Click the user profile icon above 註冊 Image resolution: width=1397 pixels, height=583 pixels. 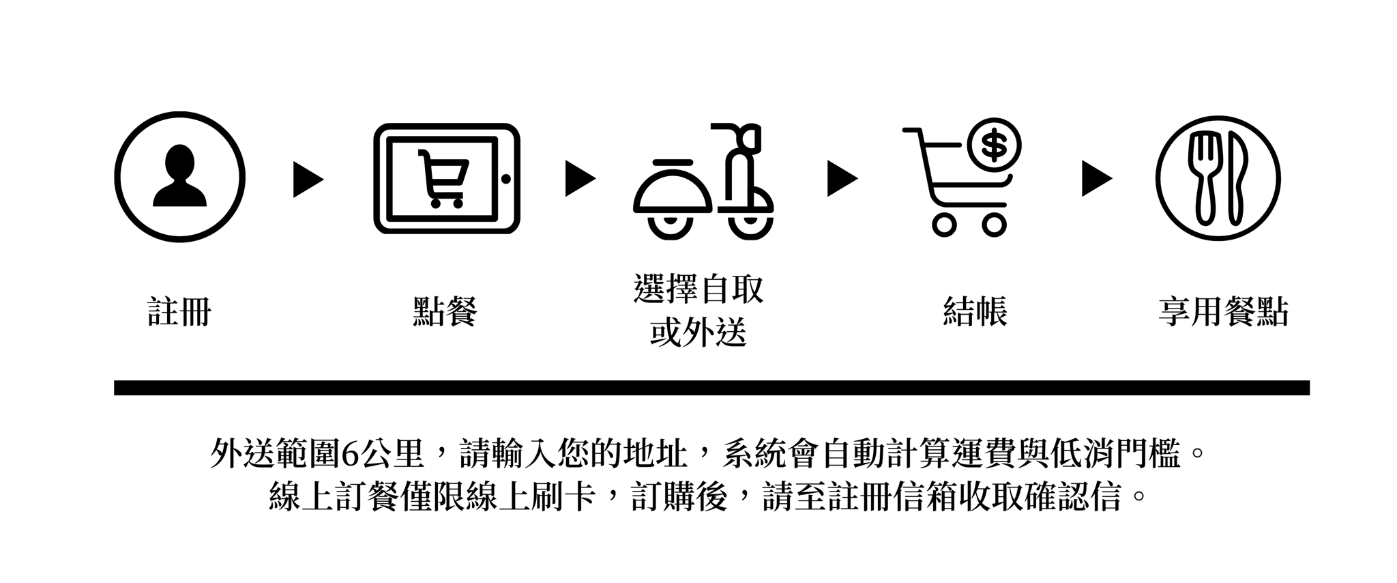[x=179, y=177]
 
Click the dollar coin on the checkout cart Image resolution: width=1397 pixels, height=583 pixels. [x=992, y=144]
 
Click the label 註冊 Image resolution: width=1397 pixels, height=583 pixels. [x=180, y=313]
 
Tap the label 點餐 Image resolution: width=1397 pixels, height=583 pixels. [x=445, y=312]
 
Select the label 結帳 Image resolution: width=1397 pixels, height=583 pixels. [x=975, y=312]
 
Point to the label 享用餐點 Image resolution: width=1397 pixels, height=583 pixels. [x=1223, y=312]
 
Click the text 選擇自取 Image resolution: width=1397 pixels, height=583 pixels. [x=698, y=289]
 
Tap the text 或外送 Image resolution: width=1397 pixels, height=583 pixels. [x=698, y=333]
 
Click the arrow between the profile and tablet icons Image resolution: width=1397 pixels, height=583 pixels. [x=308, y=180]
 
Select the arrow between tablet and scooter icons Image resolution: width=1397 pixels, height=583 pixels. [x=580, y=179]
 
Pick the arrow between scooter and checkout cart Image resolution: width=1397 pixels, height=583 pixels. [x=842, y=179]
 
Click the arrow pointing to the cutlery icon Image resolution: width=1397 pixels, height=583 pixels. [x=1097, y=179]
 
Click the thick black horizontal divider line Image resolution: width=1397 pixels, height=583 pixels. [x=711, y=388]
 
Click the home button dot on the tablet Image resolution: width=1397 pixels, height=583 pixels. [x=505, y=179]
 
